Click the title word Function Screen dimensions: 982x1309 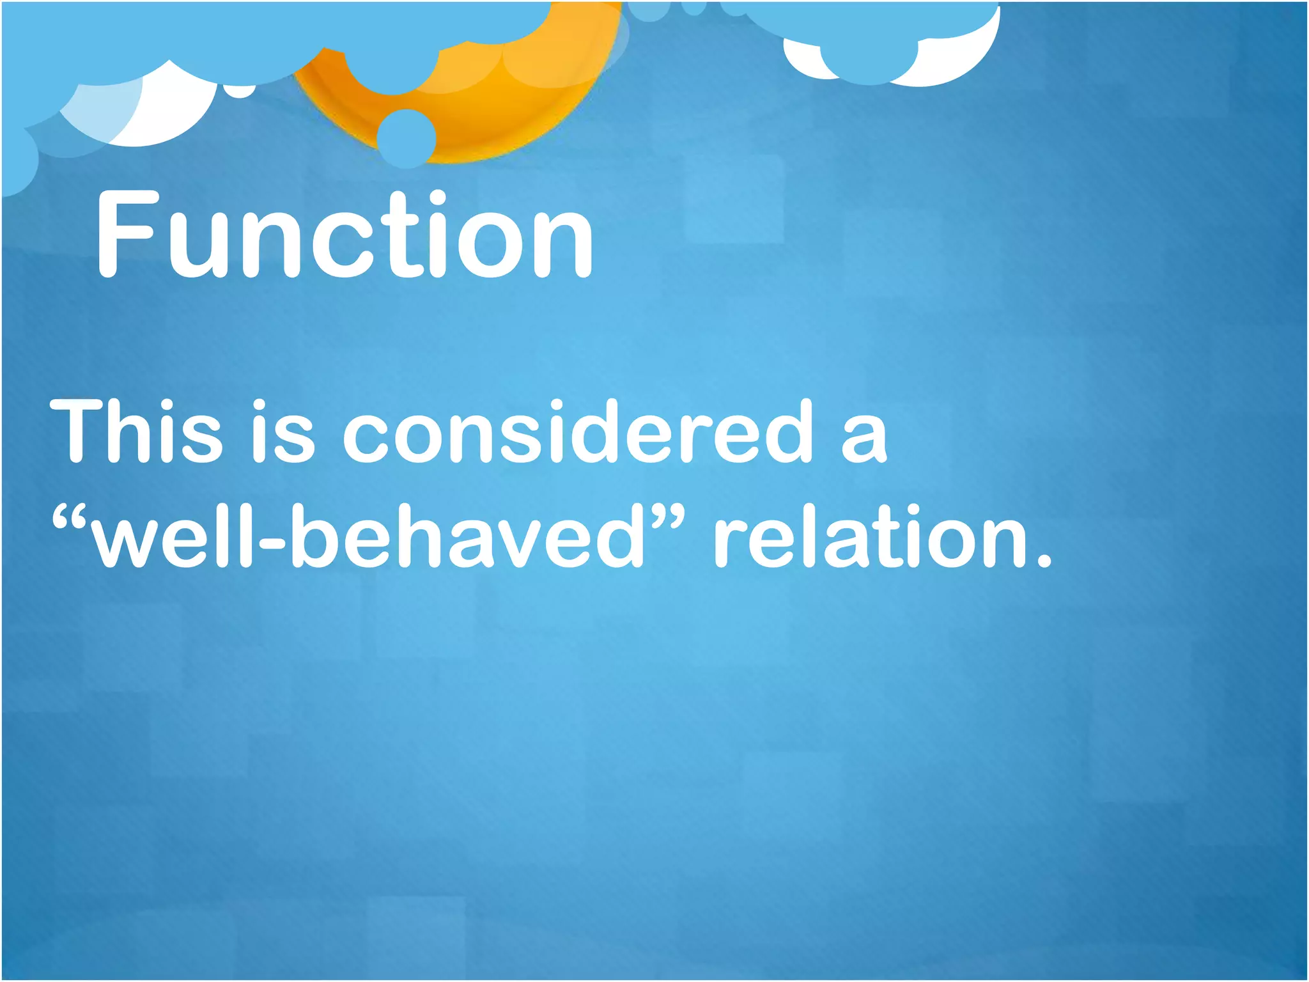(345, 235)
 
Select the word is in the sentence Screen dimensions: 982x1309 (283, 431)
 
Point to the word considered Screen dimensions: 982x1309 (578, 431)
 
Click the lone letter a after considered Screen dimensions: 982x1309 (864, 437)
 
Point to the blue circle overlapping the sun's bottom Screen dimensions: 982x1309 (407, 138)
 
